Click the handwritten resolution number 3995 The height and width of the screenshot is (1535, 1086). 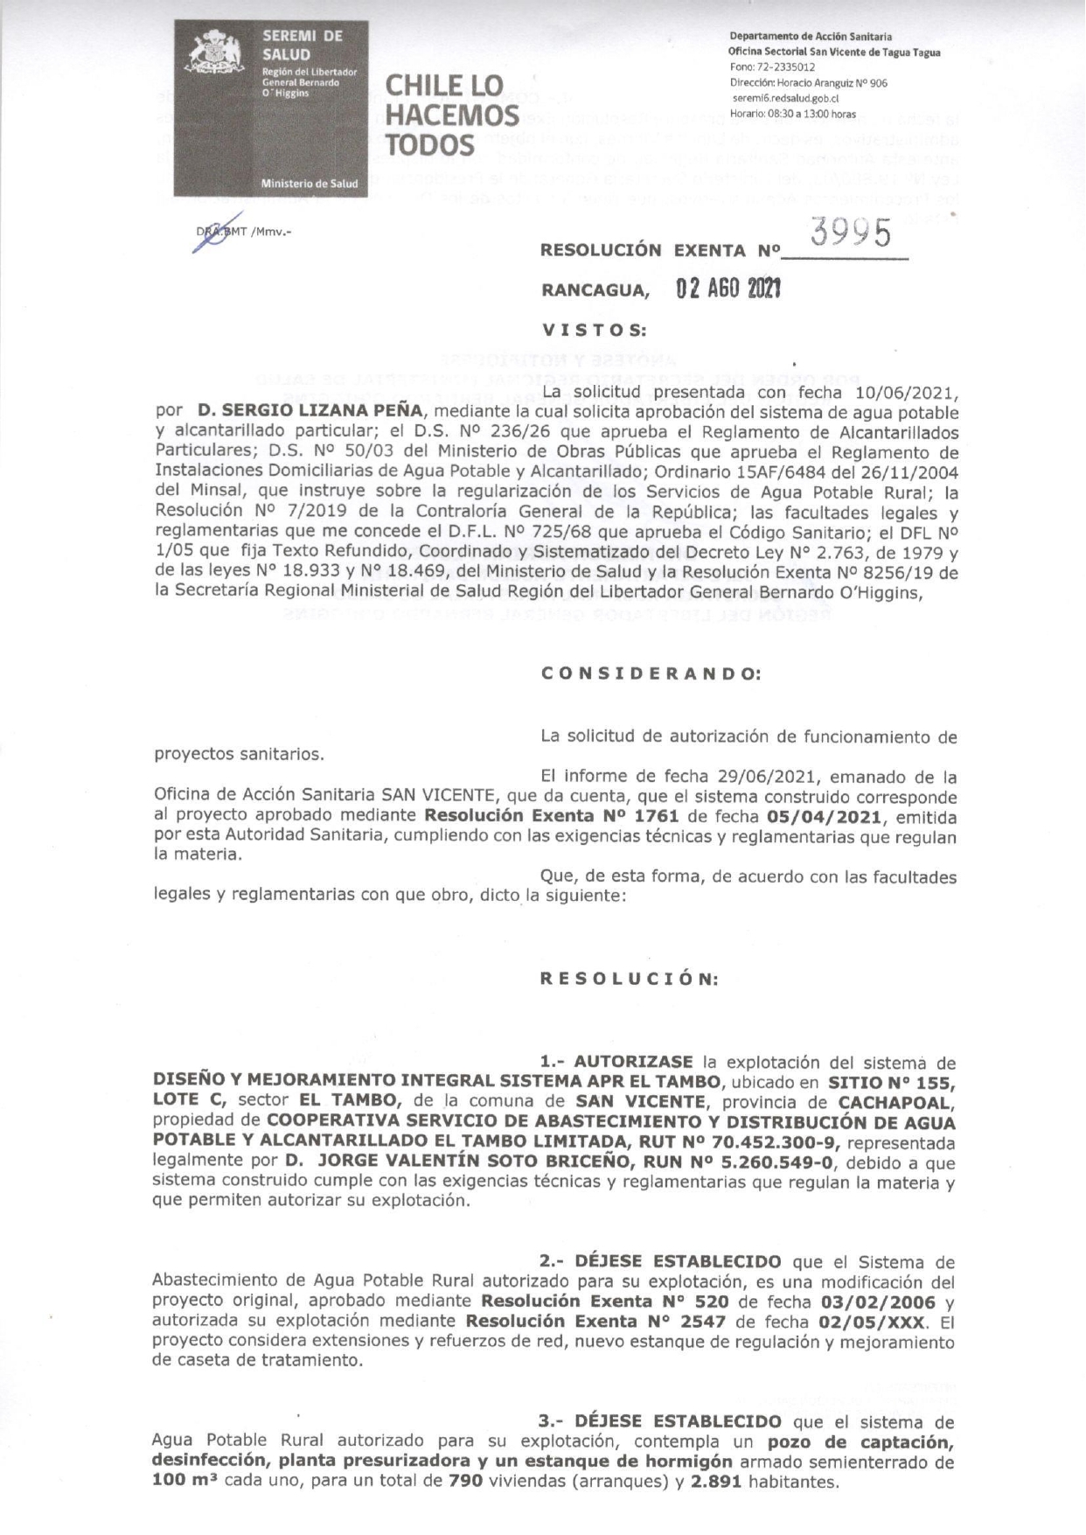pyautogui.click(x=851, y=234)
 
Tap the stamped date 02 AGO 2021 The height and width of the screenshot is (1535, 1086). pyautogui.click(x=728, y=290)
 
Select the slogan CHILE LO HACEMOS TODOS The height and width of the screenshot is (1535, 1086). pyautogui.click(x=452, y=115)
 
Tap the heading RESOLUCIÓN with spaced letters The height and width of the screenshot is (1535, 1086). pyautogui.click(x=629, y=980)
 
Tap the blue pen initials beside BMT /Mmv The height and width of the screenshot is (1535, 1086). pyautogui.click(x=210, y=236)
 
